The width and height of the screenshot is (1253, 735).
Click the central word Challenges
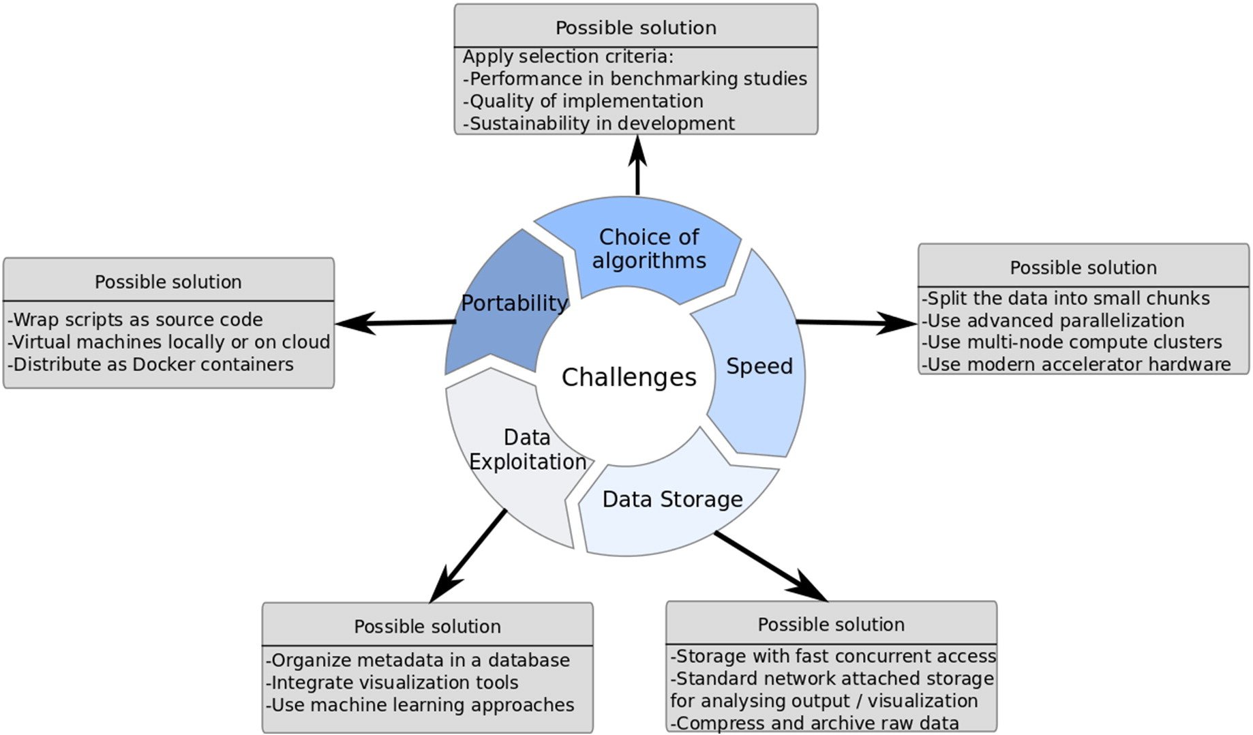629,377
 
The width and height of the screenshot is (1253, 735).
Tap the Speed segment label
759,366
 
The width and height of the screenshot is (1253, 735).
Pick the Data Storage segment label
672,499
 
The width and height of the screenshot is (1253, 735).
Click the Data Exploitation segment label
527,450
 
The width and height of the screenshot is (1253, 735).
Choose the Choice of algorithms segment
648,249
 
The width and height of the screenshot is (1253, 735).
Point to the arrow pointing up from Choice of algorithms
637,166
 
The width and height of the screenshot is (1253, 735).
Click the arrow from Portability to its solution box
395,322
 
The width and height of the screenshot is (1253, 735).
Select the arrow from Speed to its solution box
856,322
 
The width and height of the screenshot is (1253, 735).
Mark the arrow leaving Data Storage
770,567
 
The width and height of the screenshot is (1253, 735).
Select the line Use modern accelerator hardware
1076,364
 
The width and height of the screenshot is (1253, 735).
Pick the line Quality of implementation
584,101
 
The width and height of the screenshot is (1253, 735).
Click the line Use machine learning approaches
421,704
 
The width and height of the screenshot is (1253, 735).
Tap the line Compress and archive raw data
815,723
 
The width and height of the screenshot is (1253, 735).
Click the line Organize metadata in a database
418,660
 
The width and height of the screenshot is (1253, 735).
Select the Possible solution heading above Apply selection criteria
635,27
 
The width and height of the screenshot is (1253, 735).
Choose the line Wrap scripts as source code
136,319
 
